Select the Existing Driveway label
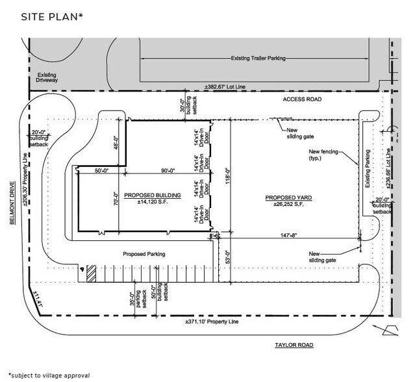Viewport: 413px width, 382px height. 49,79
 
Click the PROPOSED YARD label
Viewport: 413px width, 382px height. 286,196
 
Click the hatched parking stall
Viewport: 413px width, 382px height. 92,273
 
